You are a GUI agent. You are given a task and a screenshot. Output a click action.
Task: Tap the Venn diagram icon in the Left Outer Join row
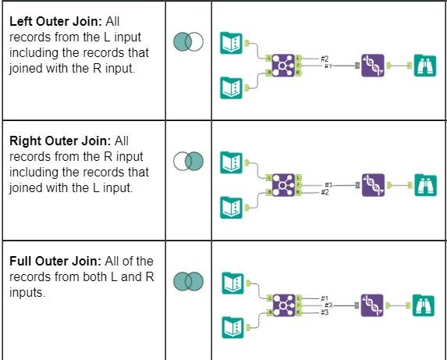click(187, 41)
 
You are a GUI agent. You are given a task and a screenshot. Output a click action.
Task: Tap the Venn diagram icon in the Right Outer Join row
click(187, 162)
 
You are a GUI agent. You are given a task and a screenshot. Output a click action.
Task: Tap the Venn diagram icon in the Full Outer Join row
click(187, 280)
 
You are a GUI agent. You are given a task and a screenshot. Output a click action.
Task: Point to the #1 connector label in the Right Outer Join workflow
click(328, 185)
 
